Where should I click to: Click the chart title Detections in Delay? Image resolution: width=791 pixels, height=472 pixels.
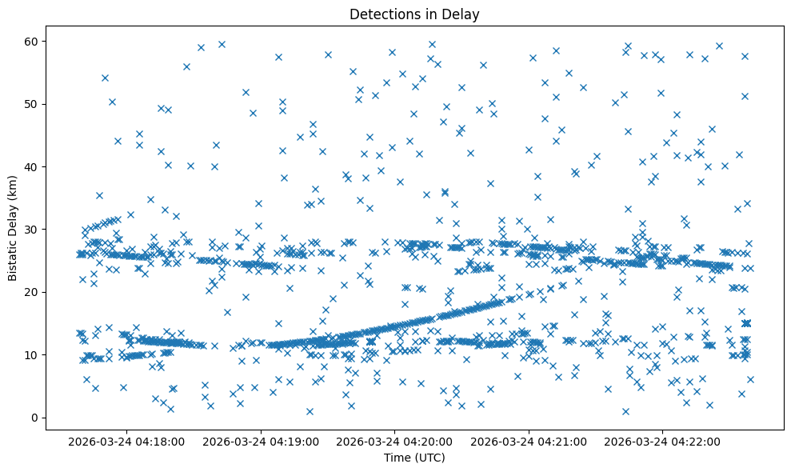click(x=414, y=14)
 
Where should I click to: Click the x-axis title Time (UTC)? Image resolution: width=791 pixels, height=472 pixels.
click(x=414, y=458)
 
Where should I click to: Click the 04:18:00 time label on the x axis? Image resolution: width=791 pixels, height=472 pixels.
click(x=127, y=441)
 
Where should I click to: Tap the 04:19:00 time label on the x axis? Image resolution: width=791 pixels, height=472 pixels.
click(x=261, y=441)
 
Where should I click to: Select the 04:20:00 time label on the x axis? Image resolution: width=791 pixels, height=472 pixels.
click(x=395, y=441)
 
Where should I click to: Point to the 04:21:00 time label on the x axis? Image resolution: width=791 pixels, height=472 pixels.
click(x=529, y=441)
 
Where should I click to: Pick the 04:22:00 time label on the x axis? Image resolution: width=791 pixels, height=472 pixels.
click(x=663, y=441)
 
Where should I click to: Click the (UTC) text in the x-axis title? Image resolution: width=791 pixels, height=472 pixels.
click(x=429, y=458)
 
